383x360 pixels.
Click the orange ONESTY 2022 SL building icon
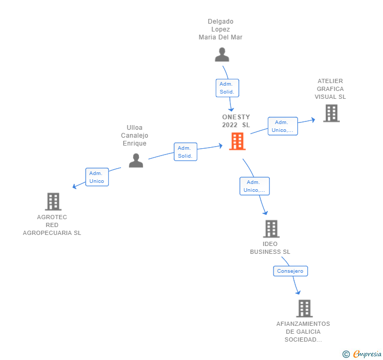[x=237, y=141]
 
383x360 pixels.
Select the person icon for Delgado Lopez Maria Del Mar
[x=222, y=55]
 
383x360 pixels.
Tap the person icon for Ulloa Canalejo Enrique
[x=136, y=160]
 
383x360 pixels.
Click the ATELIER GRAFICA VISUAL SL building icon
[x=331, y=113]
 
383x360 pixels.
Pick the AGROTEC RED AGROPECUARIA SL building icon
[x=53, y=202]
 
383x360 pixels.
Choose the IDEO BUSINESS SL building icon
[x=271, y=229]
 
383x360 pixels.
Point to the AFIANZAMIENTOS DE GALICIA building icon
[x=304, y=308]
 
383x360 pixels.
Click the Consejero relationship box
[x=290, y=271]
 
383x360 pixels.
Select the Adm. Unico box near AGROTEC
[x=97, y=177]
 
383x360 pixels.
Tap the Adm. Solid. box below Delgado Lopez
[x=227, y=88]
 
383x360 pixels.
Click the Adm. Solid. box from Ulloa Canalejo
[x=185, y=152]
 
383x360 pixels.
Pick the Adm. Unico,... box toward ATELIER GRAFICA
[x=283, y=126]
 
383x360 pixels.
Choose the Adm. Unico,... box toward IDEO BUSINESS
[x=255, y=186]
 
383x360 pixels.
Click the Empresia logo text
[x=367, y=354]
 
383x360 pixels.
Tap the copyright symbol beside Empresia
[x=346, y=354]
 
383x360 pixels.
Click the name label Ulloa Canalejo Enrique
[x=135, y=136]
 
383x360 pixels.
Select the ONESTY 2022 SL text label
[x=236, y=121]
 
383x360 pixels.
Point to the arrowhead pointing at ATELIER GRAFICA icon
[x=313, y=120]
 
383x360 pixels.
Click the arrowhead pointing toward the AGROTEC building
[x=75, y=187]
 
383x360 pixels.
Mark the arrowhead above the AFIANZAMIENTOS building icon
[x=298, y=292]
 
